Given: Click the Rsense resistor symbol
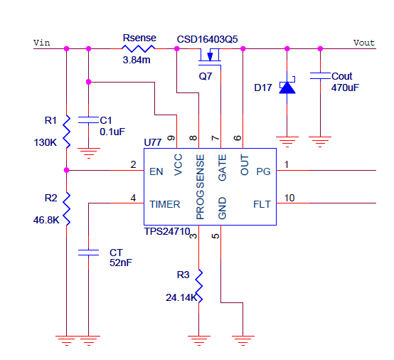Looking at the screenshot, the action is (x=138, y=48).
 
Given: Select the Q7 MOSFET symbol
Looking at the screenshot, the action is (x=210, y=57).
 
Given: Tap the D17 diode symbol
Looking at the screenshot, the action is (x=287, y=86).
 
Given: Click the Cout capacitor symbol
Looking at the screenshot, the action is (x=320, y=75).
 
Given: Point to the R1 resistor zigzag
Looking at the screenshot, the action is (x=67, y=132).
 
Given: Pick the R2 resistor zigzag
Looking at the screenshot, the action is (x=67, y=209).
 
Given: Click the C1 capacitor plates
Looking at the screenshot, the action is (x=88, y=120).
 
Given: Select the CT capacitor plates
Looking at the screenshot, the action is (x=88, y=253).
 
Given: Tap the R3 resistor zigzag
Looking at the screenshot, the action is (x=198, y=286).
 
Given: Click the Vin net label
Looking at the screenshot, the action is (x=42, y=43).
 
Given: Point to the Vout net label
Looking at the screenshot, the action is (x=364, y=43).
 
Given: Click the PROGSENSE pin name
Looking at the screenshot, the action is (x=201, y=187).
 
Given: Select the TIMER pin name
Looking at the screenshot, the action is (x=165, y=204).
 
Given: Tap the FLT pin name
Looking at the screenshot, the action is (x=262, y=204).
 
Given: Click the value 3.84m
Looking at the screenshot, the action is (x=137, y=60).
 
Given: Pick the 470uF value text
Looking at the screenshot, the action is (x=345, y=88).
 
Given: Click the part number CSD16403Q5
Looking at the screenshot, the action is (x=207, y=39).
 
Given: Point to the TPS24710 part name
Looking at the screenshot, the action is (x=167, y=231).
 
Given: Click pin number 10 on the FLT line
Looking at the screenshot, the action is (x=289, y=198).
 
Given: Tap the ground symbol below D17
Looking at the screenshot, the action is (x=287, y=142).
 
